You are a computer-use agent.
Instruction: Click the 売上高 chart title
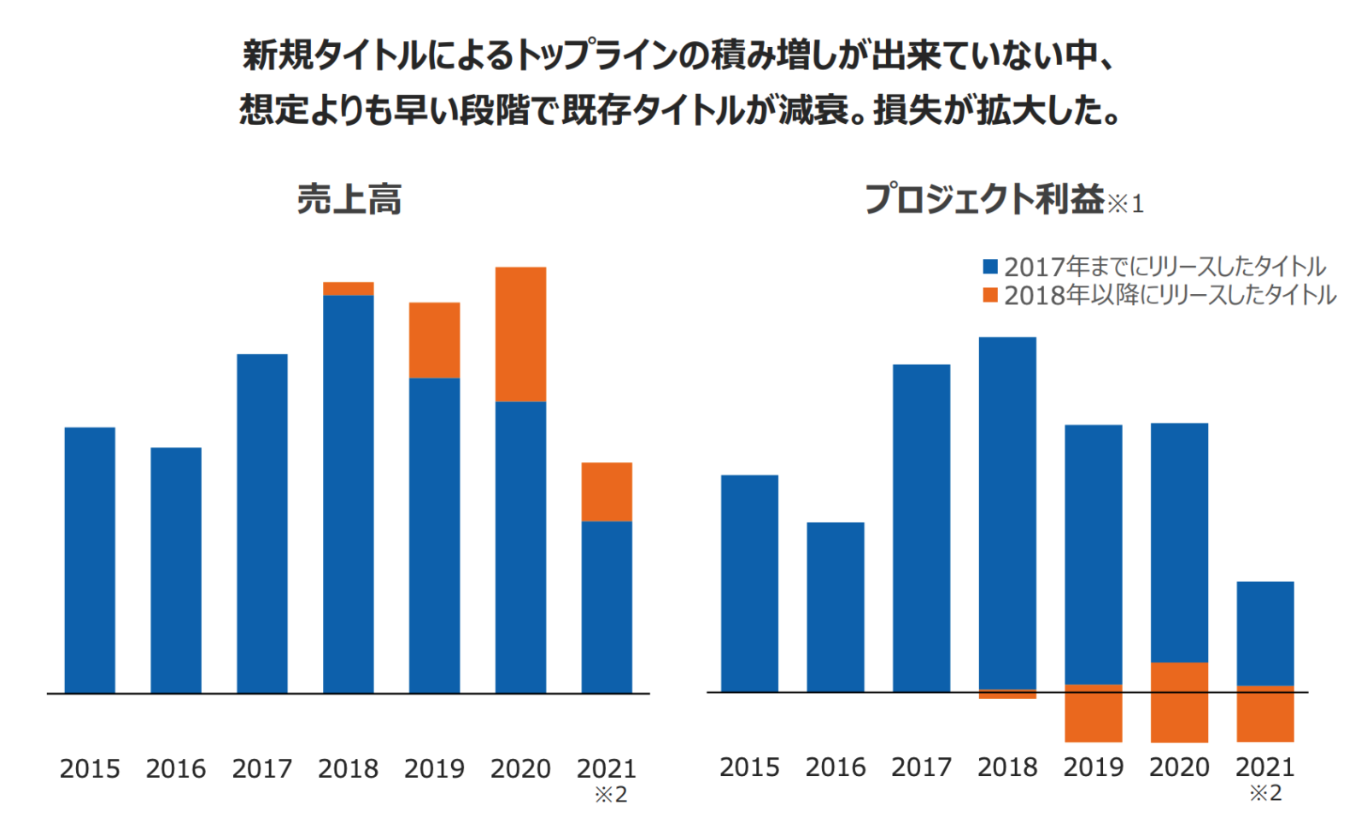point(349,200)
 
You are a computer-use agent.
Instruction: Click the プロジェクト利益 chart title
point(984,199)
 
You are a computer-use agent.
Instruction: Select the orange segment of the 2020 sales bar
point(520,334)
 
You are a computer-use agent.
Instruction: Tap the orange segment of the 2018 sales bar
point(348,289)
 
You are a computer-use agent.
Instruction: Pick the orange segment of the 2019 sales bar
point(434,340)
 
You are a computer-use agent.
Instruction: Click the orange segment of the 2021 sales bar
point(607,492)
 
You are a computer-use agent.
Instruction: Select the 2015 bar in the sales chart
point(90,560)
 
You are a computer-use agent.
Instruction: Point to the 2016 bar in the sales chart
point(176,570)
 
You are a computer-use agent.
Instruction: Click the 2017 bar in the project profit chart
point(921,528)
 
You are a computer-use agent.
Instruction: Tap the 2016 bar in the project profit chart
point(835,607)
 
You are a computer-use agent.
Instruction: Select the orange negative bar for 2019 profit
point(1093,714)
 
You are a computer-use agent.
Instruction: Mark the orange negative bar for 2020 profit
point(1179,702)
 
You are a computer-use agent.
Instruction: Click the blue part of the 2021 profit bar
point(1264,633)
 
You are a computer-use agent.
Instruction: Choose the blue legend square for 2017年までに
point(990,267)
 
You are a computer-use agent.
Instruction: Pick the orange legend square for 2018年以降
point(990,296)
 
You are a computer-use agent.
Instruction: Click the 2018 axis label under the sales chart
point(348,769)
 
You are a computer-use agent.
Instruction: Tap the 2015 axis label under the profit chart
point(749,767)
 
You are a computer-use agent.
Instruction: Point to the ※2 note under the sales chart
point(611,795)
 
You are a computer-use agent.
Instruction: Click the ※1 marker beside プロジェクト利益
point(1125,203)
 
